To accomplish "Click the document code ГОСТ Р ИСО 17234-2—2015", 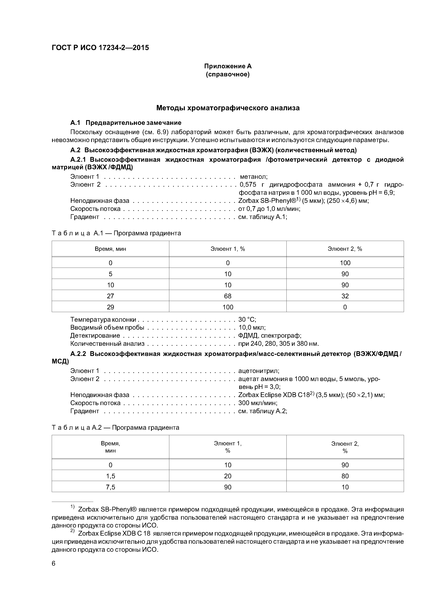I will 100,48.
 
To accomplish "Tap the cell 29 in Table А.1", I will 111,307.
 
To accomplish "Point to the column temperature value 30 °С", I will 247,320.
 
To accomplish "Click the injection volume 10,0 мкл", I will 252,328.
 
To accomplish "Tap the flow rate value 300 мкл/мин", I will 257,403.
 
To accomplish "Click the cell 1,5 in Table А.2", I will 111,476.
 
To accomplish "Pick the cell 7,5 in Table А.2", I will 111,487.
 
